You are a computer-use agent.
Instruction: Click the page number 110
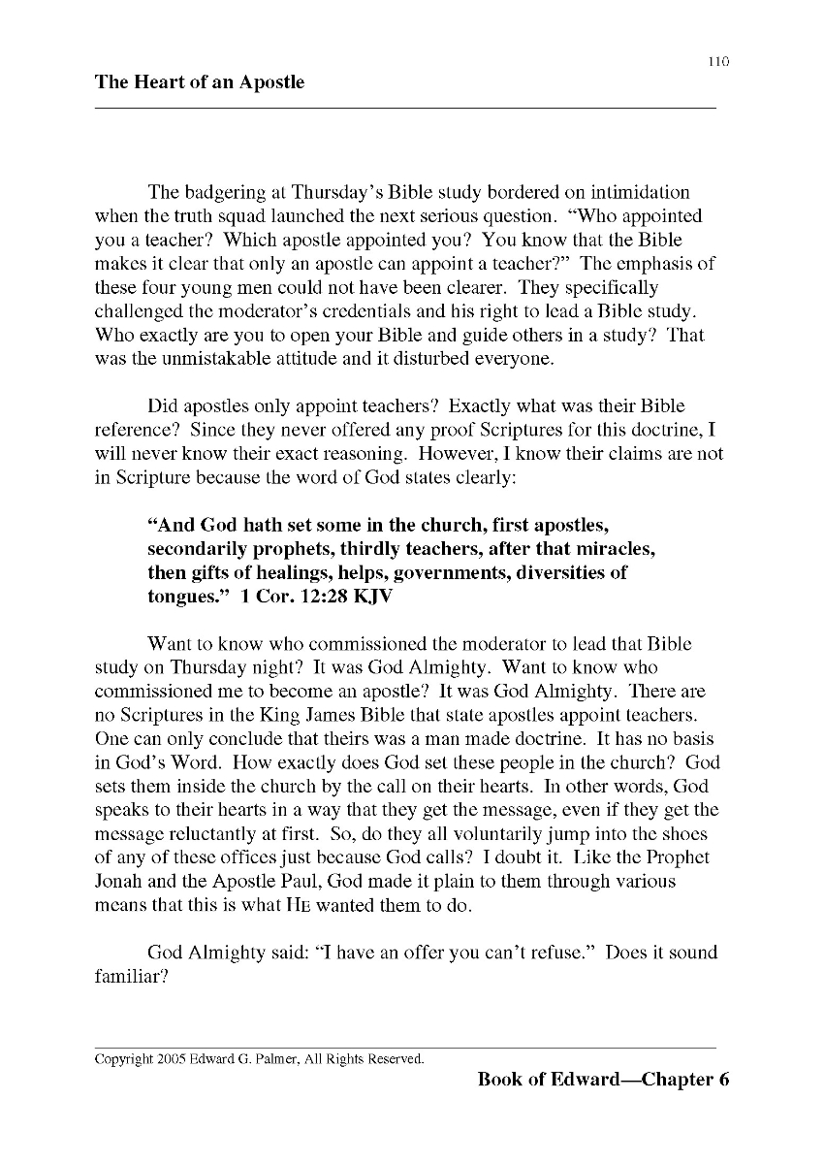pyautogui.click(x=717, y=61)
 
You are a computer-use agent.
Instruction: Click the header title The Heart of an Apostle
pyautogui.click(x=200, y=82)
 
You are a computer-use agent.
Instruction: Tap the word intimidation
pyautogui.click(x=632, y=192)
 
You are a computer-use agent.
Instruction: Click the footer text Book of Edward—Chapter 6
pyautogui.click(x=603, y=1080)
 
